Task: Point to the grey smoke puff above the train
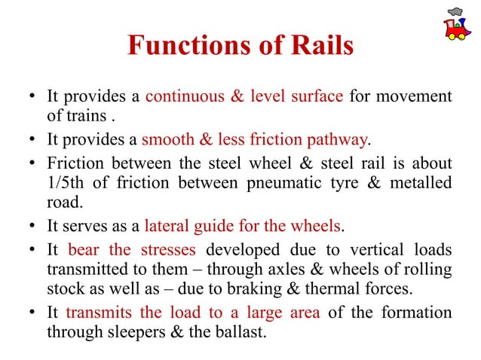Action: click(x=455, y=11)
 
